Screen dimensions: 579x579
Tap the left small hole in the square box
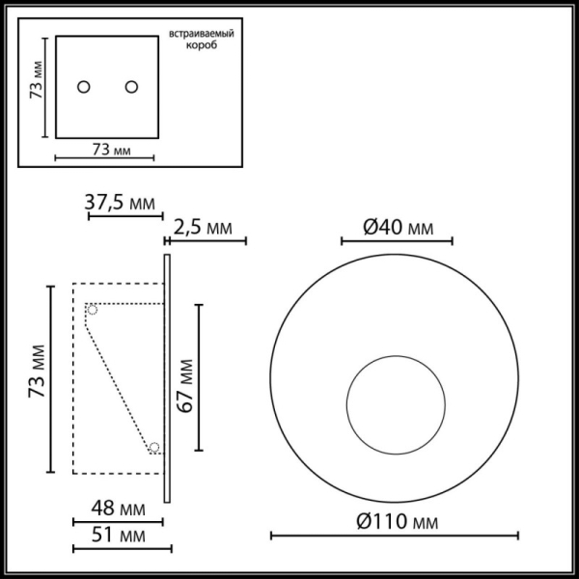(x=84, y=87)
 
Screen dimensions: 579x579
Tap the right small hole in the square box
(x=130, y=87)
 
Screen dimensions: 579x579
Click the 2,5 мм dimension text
(x=204, y=228)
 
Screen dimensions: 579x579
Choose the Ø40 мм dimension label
(x=398, y=228)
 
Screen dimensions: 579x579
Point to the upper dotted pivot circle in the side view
(x=93, y=310)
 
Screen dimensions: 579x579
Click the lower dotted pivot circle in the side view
(x=153, y=447)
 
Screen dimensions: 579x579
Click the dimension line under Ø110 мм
(x=394, y=536)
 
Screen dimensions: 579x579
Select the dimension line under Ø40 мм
(x=398, y=242)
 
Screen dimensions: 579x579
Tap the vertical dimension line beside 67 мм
(x=199, y=377)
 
